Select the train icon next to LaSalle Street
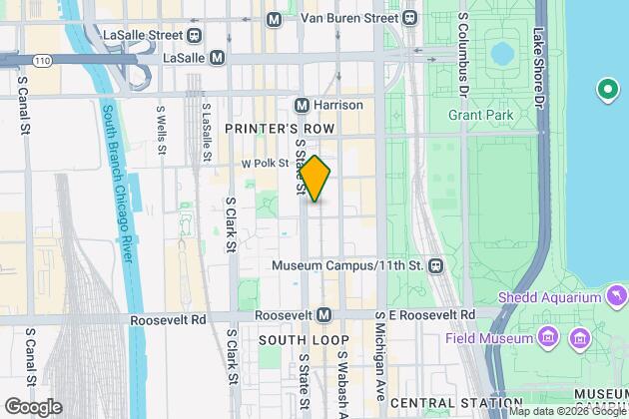point(194,33)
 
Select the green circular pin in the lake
point(605,93)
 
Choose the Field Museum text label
point(489,338)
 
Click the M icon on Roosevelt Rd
point(323,314)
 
